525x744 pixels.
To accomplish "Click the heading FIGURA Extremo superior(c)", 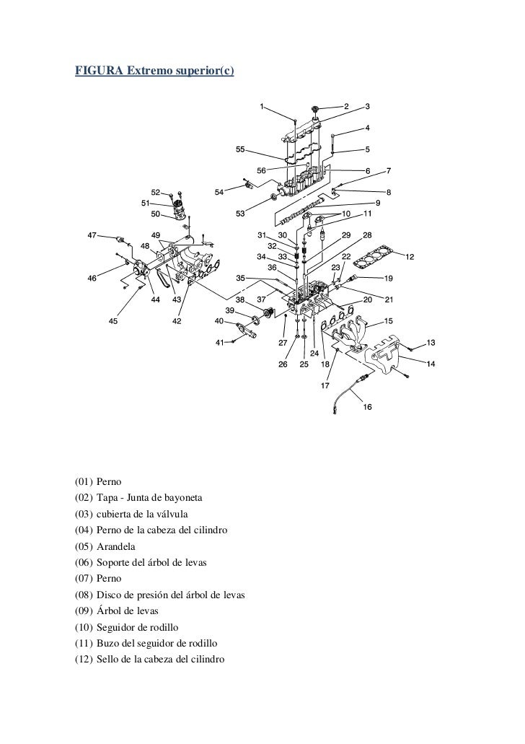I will coord(155,71).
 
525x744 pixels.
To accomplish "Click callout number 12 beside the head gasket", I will coord(410,257).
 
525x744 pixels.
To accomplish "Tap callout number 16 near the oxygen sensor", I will coord(367,406).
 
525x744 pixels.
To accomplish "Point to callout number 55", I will coord(241,150).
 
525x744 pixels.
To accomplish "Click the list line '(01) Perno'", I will coord(99,480).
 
